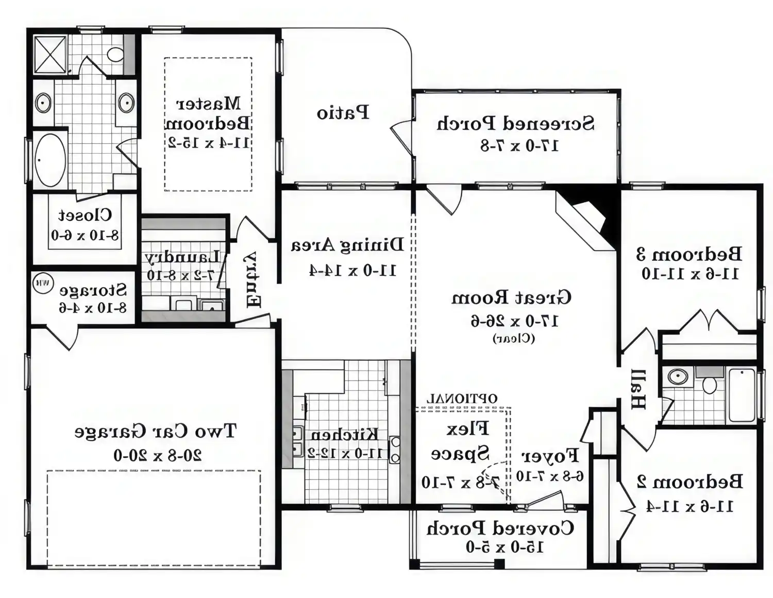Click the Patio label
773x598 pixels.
tap(343, 113)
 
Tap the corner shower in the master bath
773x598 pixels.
tap(50, 54)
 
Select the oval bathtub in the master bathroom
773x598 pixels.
tap(49, 160)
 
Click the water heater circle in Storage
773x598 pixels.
tap(43, 283)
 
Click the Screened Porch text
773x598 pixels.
tap(515, 124)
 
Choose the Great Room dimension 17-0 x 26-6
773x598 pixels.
tap(514, 321)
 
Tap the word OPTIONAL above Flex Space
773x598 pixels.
tap(462, 398)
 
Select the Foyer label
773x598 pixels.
tap(550, 456)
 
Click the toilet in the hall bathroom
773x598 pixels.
tap(710, 384)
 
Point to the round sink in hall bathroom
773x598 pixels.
tap(678, 376)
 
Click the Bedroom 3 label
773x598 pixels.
tap(690, 254)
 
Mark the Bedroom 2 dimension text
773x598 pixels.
tap(690, 506)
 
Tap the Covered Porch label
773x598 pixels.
tap(500, 528)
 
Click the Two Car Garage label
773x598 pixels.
tap(155, 431)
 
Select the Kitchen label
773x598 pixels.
tap(344, 435)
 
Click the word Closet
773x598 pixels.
tap(85, 214)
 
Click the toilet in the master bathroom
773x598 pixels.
tap(115, 54)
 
